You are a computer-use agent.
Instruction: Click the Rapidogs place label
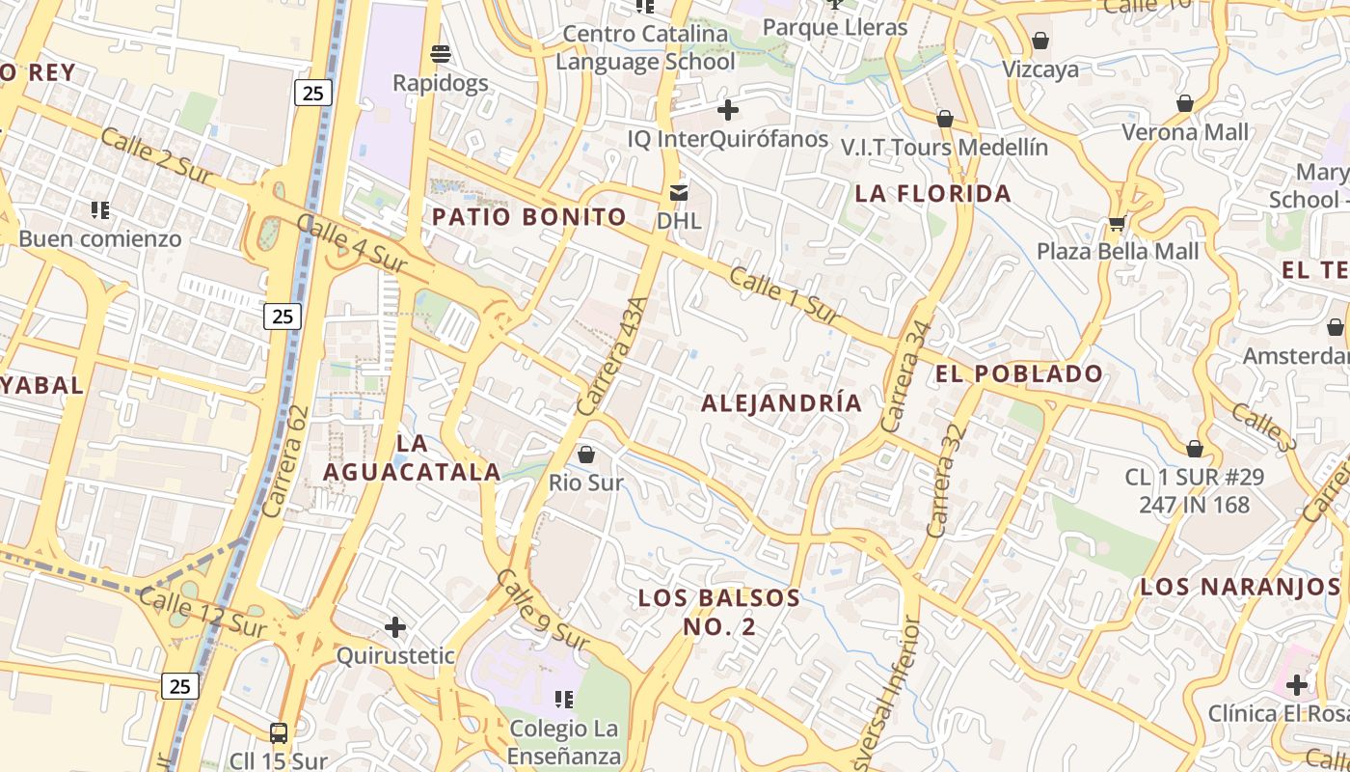tap(441, 83)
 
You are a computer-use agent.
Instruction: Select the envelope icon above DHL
tap(679, 192)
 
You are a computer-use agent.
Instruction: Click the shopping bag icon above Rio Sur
tap(586, 454)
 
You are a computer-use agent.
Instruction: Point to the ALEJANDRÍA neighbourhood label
tap(781, 403)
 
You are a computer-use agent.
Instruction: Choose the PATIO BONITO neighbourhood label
tap(529, 217)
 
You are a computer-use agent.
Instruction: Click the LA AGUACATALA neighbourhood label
tap(412, 457)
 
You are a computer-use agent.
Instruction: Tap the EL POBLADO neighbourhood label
tap(1019, 373)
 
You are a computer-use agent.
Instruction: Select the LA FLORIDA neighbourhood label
tap(933, 194)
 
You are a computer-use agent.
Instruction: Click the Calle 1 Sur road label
tap(784, 294)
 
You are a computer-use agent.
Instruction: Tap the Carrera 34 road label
tap(905, 375)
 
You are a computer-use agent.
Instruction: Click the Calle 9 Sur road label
tap(542, 609)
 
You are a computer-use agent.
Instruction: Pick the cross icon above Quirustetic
tap(394, 628)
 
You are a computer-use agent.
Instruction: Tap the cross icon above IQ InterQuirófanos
tap(728, 110)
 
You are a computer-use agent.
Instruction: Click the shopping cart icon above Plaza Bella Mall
tap(1117, 223)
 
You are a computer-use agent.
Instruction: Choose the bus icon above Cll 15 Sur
tap(279, 733)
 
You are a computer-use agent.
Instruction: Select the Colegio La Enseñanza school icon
tap(564, 699)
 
